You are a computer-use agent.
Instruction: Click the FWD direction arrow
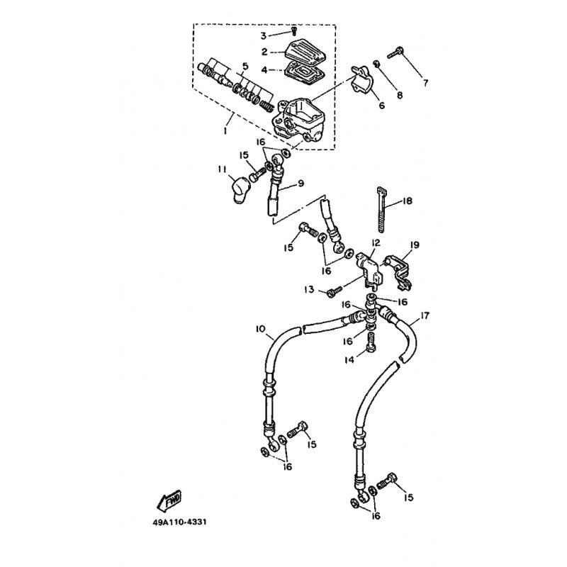click(x=169, y=501)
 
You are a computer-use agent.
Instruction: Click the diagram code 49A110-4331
click(x=179, y=522)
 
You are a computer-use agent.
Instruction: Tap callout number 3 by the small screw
click(x=264, y=35)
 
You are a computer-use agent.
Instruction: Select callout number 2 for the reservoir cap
click(x=264, y=52)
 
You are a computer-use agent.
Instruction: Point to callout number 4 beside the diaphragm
click(x=264, y=69)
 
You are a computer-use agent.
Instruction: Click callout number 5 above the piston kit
click(x=245, y=66)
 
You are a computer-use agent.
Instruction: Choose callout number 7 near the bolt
click(x=426, y=83)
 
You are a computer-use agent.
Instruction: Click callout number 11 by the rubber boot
click(x=222, y=169)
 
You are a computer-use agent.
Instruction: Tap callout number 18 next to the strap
click(x=408, y=201)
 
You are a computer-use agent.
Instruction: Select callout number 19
click(x=415, y=245)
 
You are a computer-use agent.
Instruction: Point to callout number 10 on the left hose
click(x=260, y=329)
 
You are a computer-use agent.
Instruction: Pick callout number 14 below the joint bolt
click(x=349, y=360)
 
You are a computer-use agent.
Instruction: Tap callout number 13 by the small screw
click(x=310, y=290)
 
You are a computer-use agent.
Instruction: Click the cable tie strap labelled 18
click(x=381, y=210)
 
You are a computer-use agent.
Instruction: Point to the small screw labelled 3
click(x=293, y=32)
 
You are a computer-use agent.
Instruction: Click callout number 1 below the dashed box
click(x=225, y=130)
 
